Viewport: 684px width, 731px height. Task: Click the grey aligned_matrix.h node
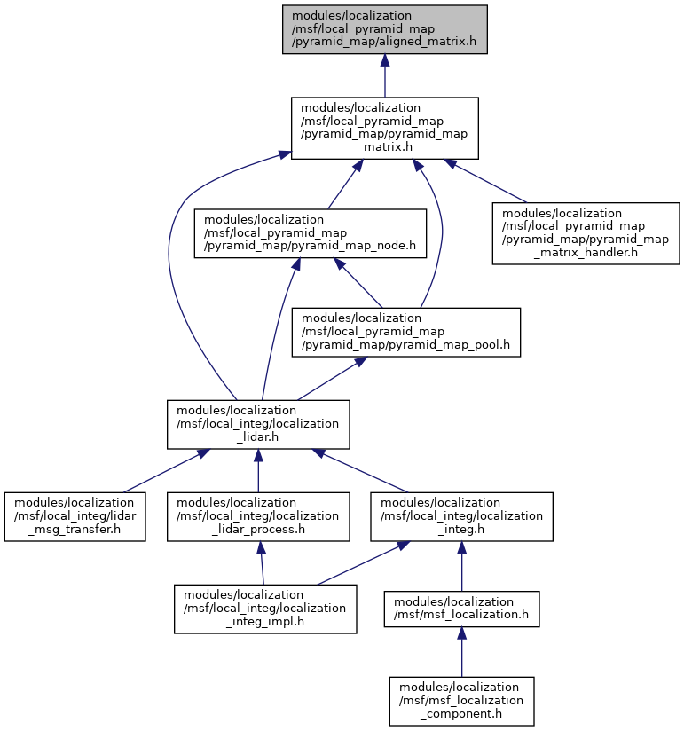pos(385,29)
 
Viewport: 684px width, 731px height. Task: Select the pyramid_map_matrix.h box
pos(385,129)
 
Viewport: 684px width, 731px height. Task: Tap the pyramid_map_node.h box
pos(310,233)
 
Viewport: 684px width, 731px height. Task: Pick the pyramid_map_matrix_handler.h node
pos(586,233)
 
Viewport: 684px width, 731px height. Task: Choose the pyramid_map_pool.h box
pos(405,333)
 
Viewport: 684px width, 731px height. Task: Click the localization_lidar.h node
pos(258,424)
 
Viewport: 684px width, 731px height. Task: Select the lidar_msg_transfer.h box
pos(75,516)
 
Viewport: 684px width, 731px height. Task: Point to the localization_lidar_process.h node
pos(258,516)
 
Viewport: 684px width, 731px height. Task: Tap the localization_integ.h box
pos(461,516)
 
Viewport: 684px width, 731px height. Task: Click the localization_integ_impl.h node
pos(265,609)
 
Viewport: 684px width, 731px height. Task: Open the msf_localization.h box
pos(461,609)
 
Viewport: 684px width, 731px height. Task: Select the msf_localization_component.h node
pos(461,701)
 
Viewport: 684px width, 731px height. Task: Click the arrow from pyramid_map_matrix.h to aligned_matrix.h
pos(385,75)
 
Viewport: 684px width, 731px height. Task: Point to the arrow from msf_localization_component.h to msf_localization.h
pos(461,652)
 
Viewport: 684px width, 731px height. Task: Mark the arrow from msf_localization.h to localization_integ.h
pos(461,566)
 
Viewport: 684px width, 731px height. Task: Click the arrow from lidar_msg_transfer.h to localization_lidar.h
pos(167,471)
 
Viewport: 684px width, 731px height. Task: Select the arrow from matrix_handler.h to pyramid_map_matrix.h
pos(485,181)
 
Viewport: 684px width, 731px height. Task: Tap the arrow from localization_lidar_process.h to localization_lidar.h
pos(258,471)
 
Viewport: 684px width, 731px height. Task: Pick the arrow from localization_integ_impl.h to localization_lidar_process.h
pos(262,563)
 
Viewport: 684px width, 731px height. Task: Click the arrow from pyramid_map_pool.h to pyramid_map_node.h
pos(358,282)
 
